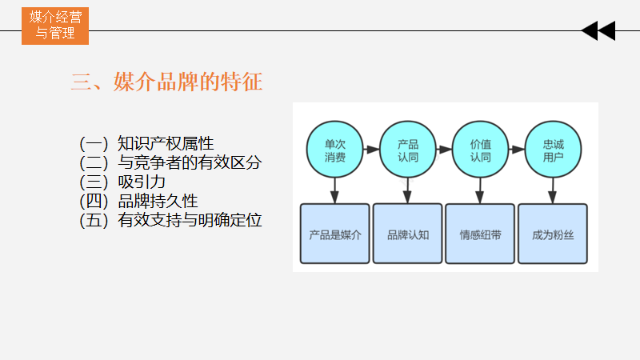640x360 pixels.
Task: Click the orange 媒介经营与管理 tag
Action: [54, 25]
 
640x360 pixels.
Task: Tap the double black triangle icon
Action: [598, 31]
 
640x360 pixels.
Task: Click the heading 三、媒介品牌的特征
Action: [167, 82]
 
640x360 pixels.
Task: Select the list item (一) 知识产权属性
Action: [146, 144]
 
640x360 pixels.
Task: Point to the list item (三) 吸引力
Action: [122, 182]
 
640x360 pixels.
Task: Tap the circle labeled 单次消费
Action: [335, 150]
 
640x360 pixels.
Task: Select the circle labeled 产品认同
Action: [408, 150]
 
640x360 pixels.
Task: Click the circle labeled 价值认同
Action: [480, 150]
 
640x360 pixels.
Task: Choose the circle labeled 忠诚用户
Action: [553, 150]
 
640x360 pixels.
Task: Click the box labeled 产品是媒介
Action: [335, 234]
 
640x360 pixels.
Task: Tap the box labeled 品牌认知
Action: [408, 234]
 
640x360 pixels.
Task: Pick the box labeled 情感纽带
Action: [480, 234]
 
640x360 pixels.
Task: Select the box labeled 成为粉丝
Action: [553, 234]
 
